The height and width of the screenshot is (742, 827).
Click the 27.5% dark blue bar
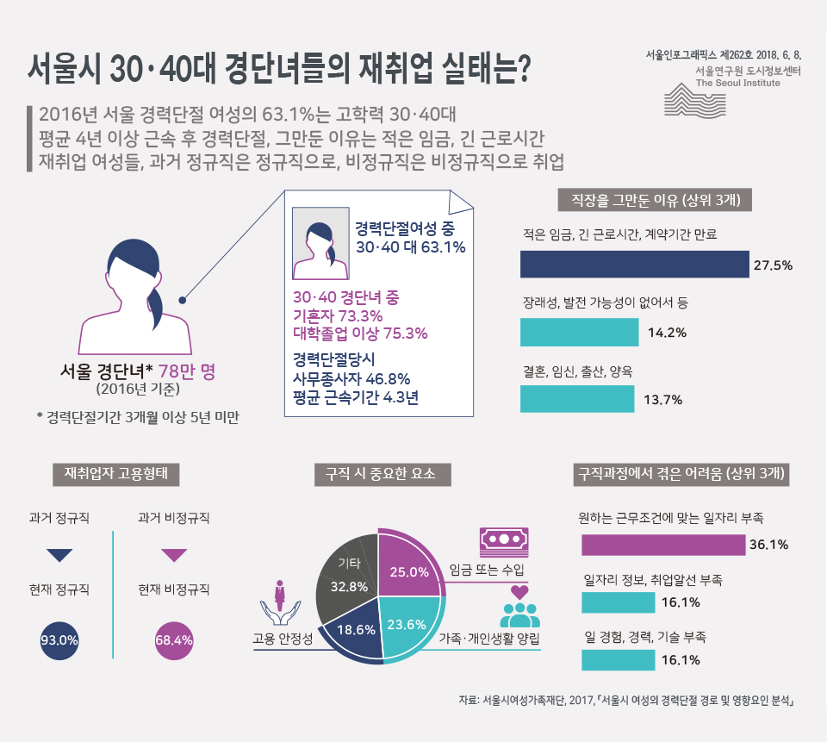tap(634, 265)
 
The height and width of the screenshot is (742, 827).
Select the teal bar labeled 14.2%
tap(579, 332)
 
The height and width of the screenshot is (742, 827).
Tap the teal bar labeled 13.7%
tap(577, 398)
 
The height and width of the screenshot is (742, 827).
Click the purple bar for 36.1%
tap(663, 545)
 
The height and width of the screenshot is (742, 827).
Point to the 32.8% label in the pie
tap(350, 587)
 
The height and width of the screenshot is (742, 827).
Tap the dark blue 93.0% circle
tap(59, 640)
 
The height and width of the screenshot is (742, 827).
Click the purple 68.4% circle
tap(173, 640)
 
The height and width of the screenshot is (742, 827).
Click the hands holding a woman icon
tap(279, 603)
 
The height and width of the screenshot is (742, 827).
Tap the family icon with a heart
tap(519, 608)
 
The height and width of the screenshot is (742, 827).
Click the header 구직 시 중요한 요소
tap(381, 473)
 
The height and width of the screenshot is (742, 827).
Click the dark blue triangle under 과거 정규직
tap(59, 555)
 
